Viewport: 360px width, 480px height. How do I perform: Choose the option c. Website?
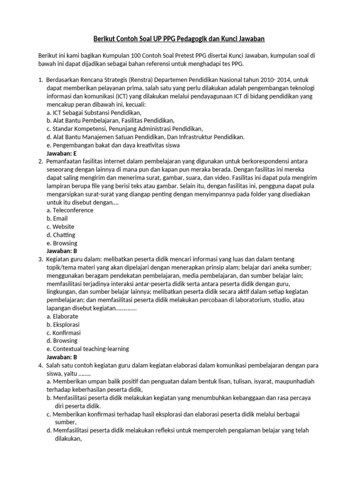(60, 226)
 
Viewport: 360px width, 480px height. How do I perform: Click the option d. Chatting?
(61, 235)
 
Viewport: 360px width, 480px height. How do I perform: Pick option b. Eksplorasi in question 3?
(63, 324)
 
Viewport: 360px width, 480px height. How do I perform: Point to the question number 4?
(40, 365)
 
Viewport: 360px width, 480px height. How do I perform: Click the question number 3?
(40, 259)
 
